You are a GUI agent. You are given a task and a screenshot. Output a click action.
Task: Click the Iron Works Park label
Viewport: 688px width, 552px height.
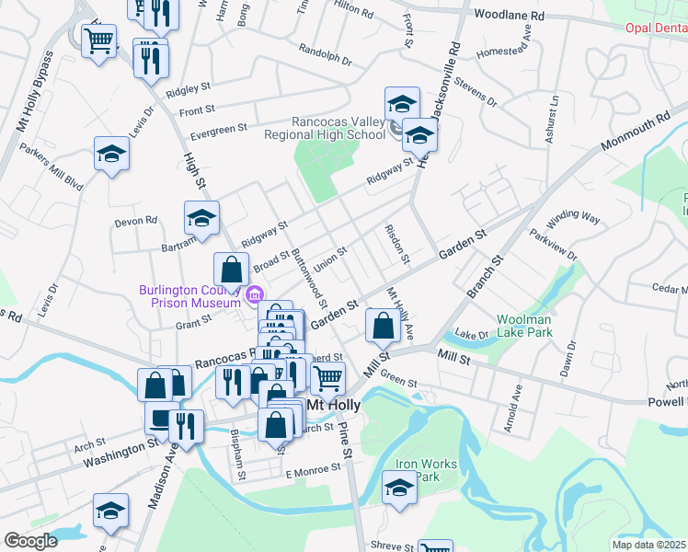pyautogui.click(x=425, y=470)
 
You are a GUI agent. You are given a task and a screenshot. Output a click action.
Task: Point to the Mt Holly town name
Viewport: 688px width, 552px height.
pyautogui.click(x=329, y=405)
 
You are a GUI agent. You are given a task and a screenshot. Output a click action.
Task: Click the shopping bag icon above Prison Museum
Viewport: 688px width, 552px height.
pyautogui.click(x=231, y=270)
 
